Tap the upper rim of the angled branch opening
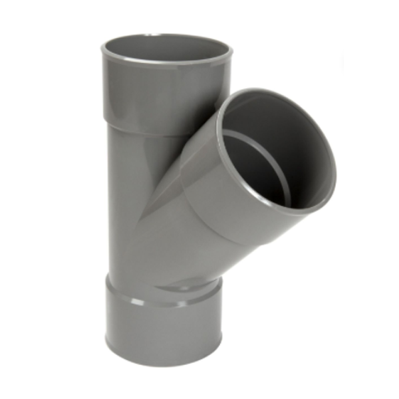266,93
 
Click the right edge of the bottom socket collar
220,326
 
